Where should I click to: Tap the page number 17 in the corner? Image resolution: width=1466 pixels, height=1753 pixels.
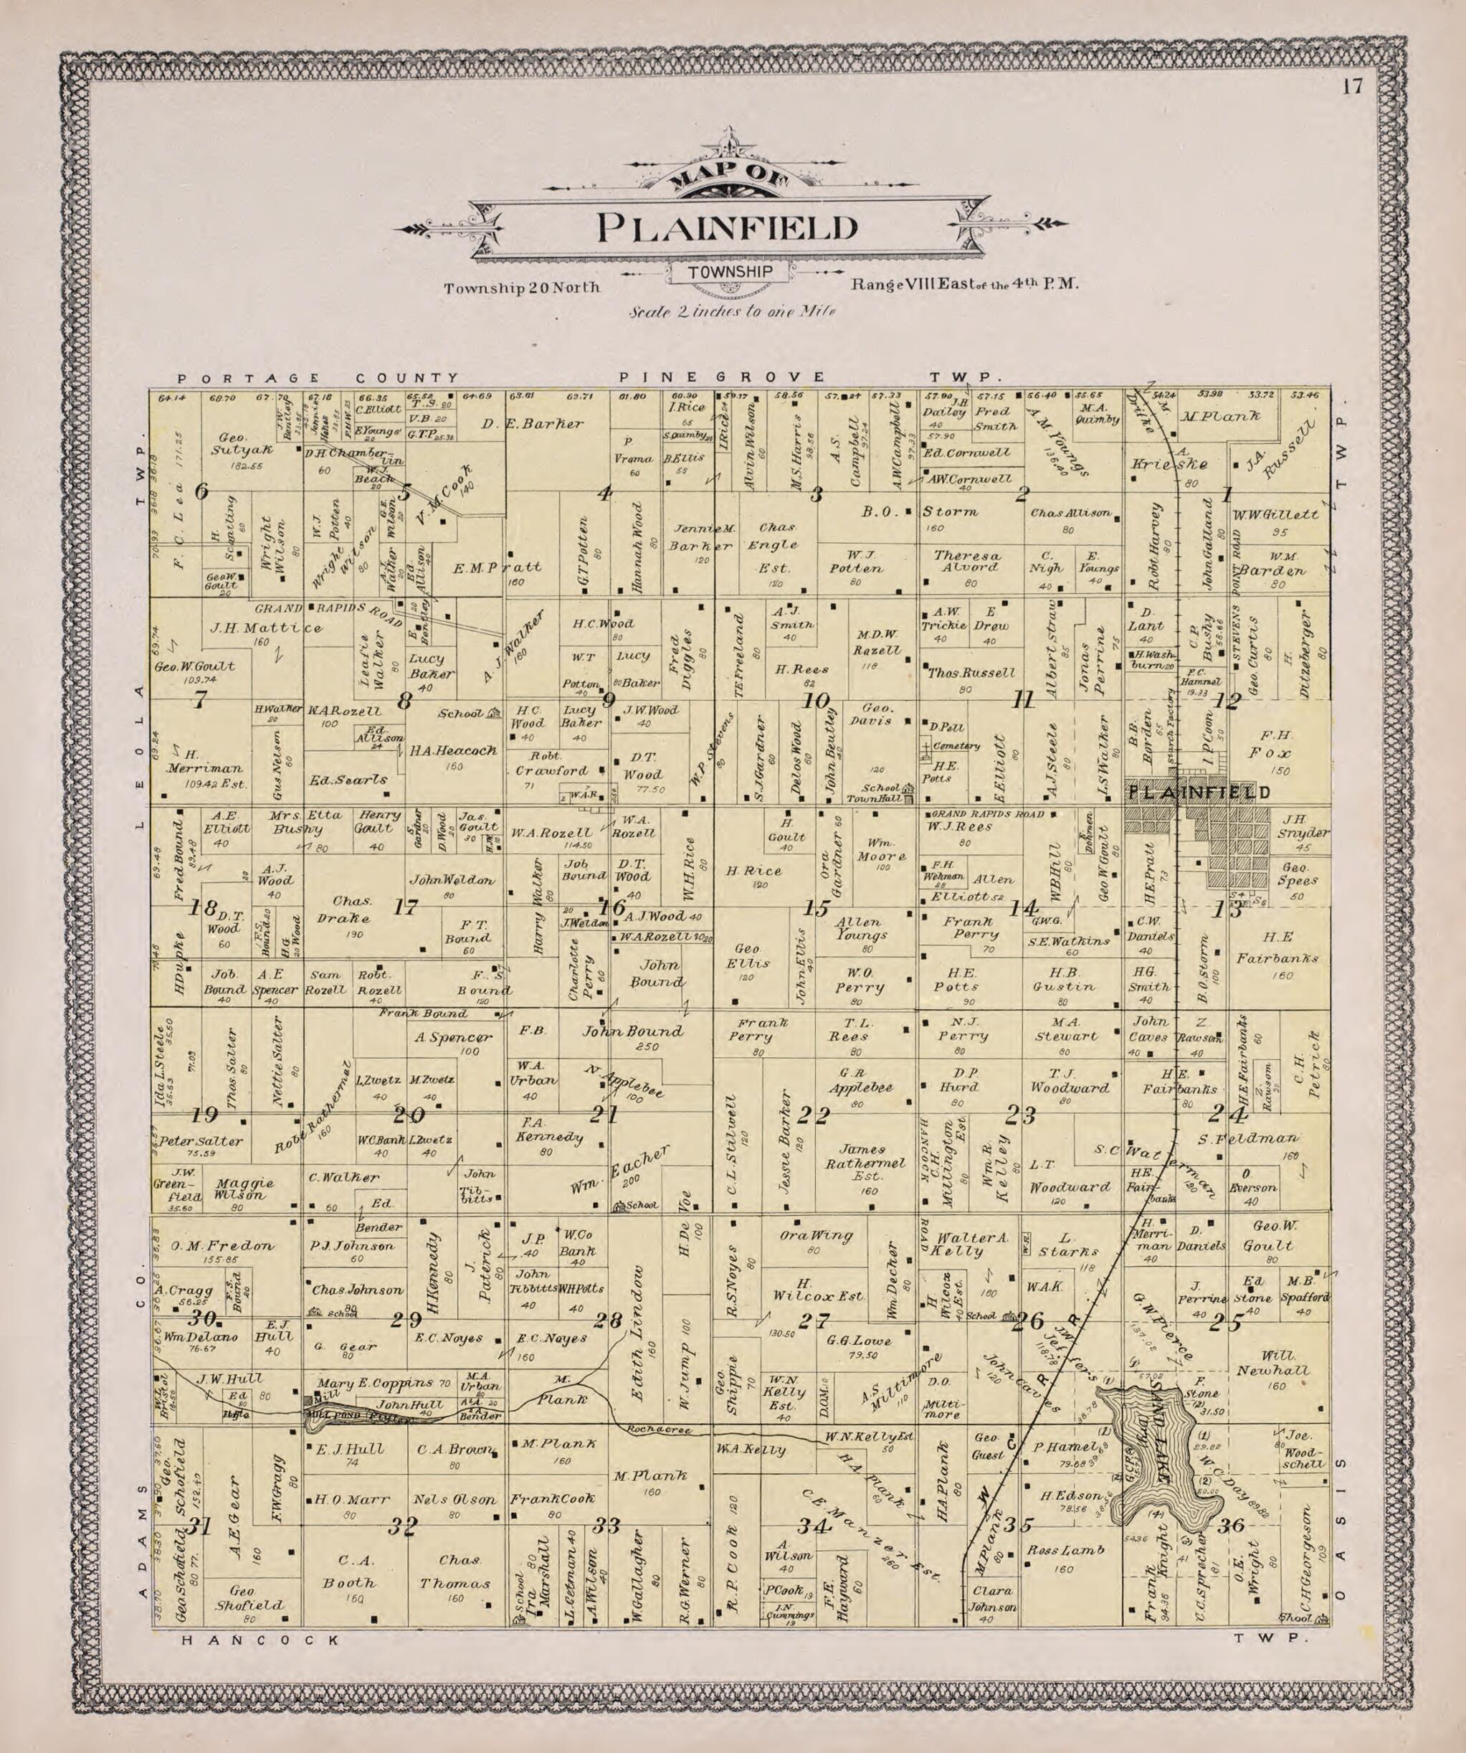point(1352,87)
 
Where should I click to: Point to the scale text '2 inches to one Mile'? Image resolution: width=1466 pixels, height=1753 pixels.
point(732,312)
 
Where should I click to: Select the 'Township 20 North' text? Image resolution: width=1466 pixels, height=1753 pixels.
point(523,288)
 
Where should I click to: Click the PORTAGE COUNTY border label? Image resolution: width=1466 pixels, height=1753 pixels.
point(317,377)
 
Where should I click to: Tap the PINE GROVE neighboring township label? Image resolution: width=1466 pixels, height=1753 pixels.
point(723,377)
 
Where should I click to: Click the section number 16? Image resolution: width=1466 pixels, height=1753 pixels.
point(613,909)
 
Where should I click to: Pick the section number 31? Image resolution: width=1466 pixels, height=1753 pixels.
point(198,1526)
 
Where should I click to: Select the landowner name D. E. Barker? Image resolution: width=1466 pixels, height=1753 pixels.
point(533,424)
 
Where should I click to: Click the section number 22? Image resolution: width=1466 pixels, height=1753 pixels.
point(814,1115)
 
